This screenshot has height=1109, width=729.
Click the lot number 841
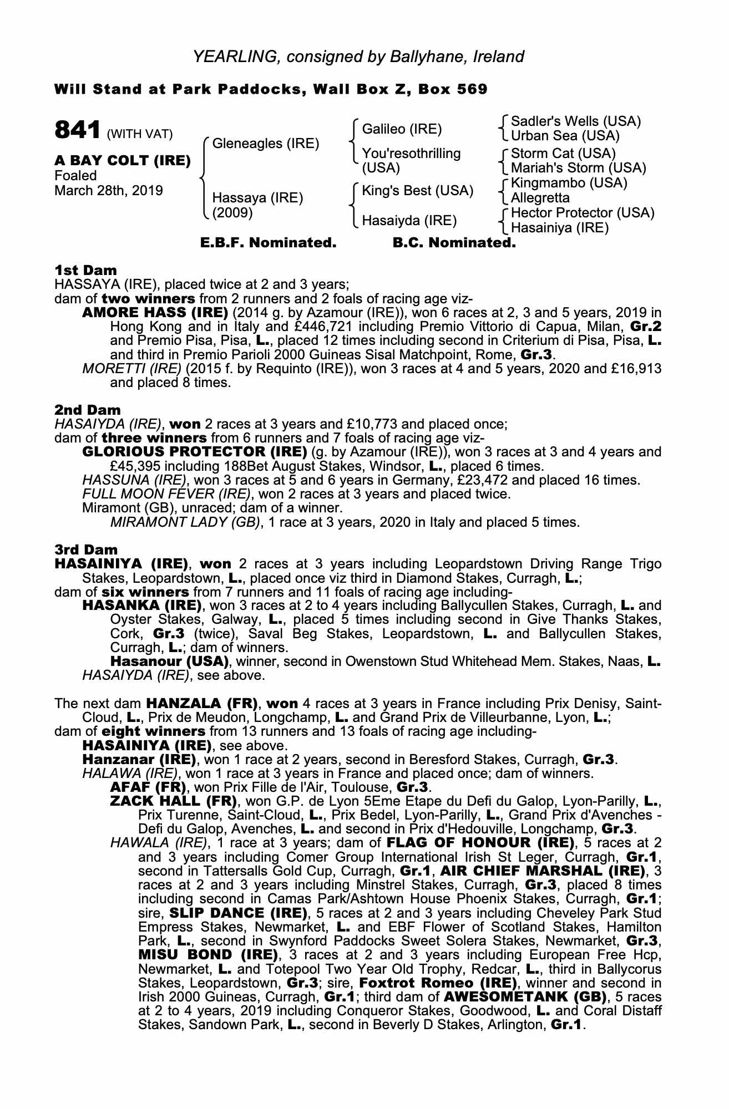click(x=77, y=130)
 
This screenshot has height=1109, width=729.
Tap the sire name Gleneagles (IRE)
click(x=266, y=144)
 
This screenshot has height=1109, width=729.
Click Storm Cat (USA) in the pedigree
click(x=563, y=153)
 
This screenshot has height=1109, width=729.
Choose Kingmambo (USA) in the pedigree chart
click(x=569, y=183)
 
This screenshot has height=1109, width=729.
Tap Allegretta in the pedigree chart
click(x=540, y=198)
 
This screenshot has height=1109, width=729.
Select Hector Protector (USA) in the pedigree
click(x=582, y=213)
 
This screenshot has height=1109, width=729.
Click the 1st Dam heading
click(x=85, y=270)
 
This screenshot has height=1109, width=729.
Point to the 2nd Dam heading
click(x=87, y=410)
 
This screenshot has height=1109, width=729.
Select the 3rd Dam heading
click(x=86, y=550)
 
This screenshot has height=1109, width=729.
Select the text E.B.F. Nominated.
click(x=268, y=243)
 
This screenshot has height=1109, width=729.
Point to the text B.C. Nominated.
click(x=454, y=243)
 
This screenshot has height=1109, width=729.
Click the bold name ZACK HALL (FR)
click(x=174, y=801)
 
